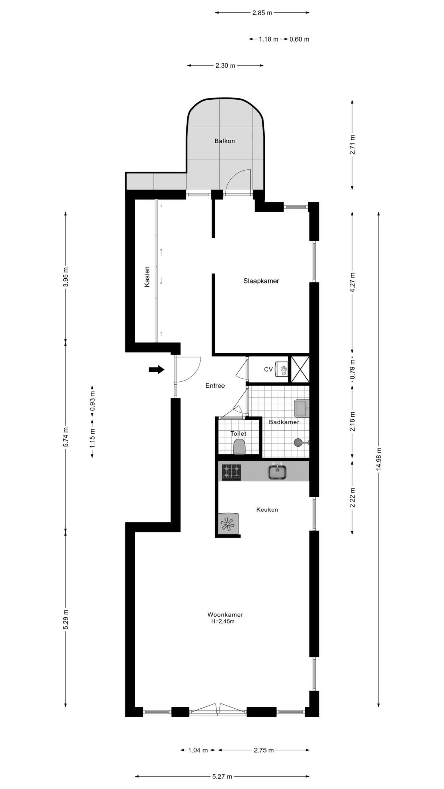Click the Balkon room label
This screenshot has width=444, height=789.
pyautogui.click(x=224, y=141)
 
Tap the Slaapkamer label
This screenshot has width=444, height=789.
pyautogui.click(x=261, y=281)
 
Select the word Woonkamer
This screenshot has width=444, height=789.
pyautogui.click(x=225, y=614)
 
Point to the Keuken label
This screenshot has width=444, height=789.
pyautogui.click(x=267, y=510)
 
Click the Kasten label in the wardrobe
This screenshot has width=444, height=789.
pyautogui.click(x=147, y=277)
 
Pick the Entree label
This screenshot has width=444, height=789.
pyautogui.click(x=215, y=386)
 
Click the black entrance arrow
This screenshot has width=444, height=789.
pyautogui.click(x=156, y=370)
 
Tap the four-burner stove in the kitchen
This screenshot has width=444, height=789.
pyautogui.click(x=232, y=472)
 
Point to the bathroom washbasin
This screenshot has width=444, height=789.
pyautogui.click(x=301, y=408)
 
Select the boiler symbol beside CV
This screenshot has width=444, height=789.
pyautogui.click(x=282, y=369)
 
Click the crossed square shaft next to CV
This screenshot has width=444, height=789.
pyautogui.click(x=300, y=369)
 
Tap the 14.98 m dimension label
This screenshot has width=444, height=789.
pyautogui.click(x=378, y=460)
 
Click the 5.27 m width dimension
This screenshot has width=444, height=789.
pyautogui.click(x=222, y=777)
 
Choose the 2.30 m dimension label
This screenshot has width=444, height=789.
pyautogui.click(x=225, y=66)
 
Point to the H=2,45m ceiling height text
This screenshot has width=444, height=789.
pyautogui.click(x=223, y=621)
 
